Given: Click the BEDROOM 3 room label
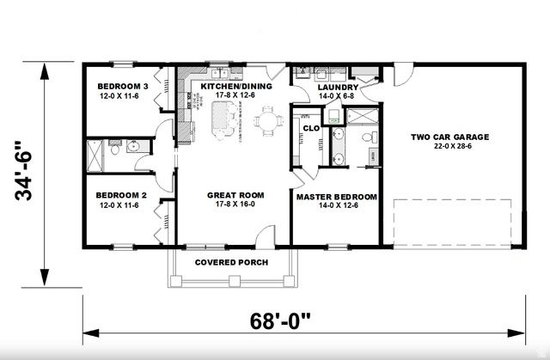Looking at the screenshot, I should (x=122, y=87).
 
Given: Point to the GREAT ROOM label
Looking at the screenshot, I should (x=235, y=195).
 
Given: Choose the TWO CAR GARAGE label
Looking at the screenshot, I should (x=449, y=137).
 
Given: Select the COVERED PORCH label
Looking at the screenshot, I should (x=231, y=262).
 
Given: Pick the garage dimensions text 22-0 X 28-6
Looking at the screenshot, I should (x=449, y=147).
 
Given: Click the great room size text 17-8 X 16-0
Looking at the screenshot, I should (x=235, y=205).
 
